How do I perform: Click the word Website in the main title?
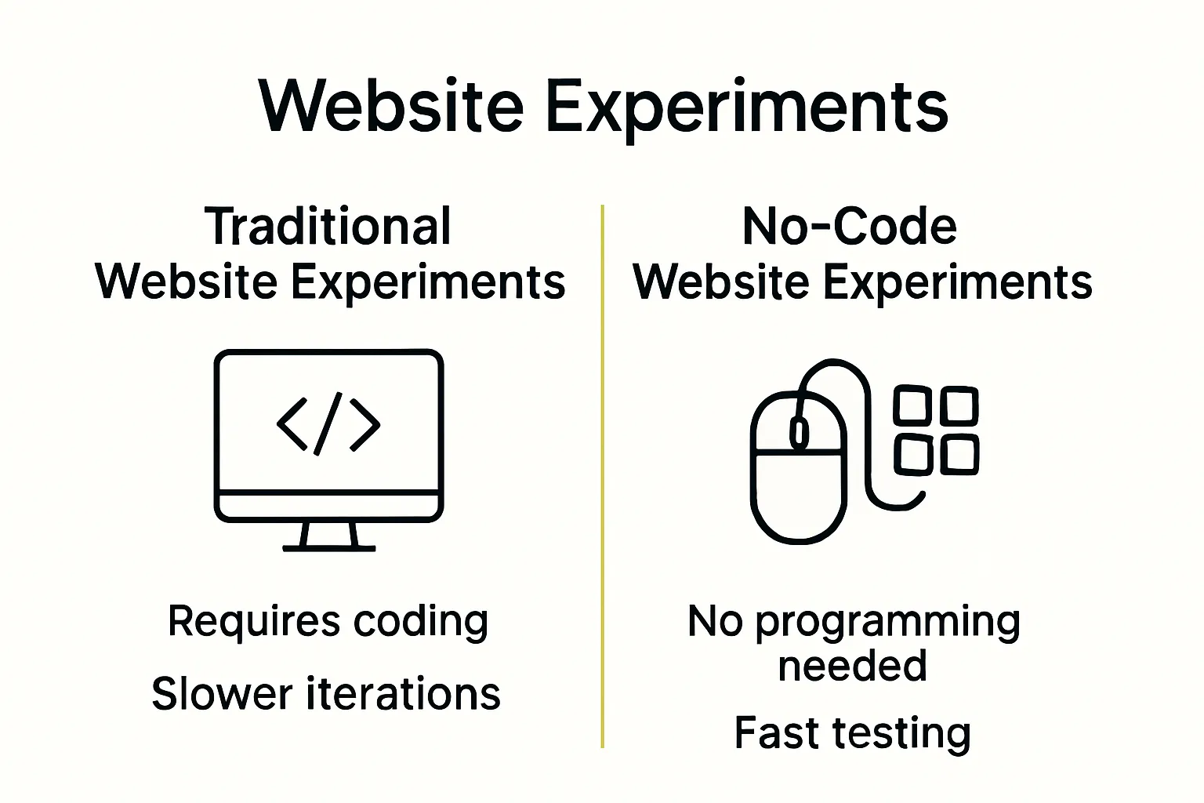(391, 106)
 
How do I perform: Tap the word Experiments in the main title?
(746, 107)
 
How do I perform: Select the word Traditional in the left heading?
(328, 227)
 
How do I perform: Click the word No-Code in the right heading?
(849, 227)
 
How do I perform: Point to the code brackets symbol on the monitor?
(328, 424)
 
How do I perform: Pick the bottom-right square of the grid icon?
(959, 455)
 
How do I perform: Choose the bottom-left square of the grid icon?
(912, 455)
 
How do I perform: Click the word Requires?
(254, 622)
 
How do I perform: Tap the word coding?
(421, 622)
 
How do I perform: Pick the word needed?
(853, 666)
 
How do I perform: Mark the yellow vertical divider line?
(602, 471)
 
